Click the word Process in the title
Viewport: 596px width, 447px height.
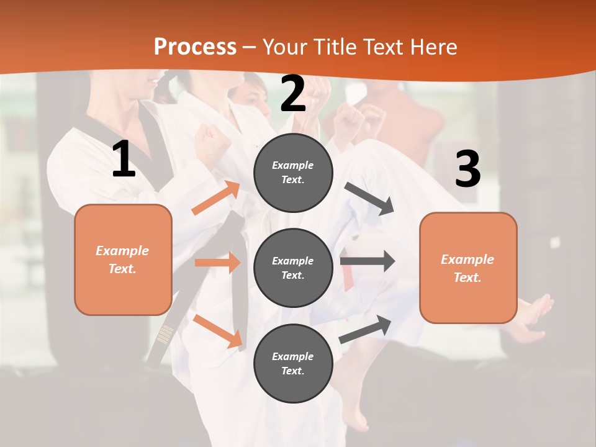[195, 47]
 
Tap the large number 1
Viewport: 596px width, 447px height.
[124, 159]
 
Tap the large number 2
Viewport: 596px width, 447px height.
[293, 94]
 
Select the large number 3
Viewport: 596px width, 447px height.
[467, 169]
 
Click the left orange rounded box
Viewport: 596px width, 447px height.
[123, 260]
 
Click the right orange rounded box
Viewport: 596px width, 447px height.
[468, 268]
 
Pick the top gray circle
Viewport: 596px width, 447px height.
[293, 173]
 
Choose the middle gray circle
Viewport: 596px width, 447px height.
[293, 268]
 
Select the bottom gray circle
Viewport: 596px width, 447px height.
[293, 363]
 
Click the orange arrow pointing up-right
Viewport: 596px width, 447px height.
[216, 197]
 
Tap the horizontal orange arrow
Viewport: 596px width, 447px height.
[217, 263]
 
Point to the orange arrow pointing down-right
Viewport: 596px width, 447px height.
[218, 330]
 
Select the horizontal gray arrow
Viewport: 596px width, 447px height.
[368, 261]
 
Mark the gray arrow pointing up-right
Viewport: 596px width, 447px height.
[366, 328]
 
